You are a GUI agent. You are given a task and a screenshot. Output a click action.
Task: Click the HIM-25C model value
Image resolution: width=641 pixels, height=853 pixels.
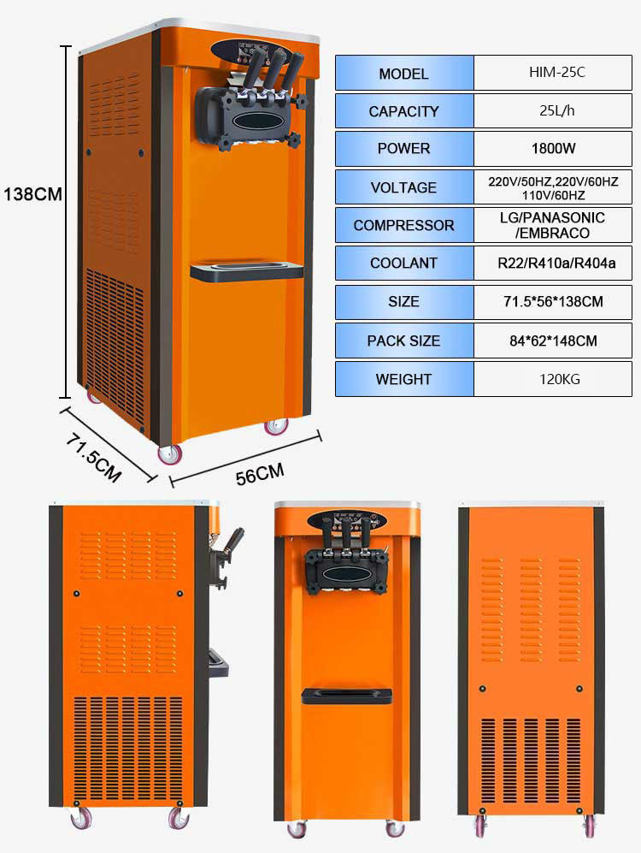click(552, 73)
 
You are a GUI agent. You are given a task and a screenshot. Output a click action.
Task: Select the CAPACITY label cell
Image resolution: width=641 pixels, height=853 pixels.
click(403, 111)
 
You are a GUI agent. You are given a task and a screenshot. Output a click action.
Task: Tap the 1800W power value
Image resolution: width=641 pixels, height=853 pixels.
click(552, 148)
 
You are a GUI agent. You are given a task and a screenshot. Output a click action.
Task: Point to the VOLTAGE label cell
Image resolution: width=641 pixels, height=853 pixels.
click(403, 187)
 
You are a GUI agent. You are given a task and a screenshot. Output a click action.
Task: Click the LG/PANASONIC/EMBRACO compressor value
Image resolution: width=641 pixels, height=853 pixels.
click(552, 225)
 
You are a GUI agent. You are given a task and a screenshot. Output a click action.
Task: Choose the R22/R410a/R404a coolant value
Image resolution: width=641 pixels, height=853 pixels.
click(552, 264)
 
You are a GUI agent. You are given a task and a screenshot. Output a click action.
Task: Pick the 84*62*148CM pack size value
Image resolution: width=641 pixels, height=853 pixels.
click(552, 341)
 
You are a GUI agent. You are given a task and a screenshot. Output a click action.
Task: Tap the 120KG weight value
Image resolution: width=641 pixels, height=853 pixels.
click(552, 379)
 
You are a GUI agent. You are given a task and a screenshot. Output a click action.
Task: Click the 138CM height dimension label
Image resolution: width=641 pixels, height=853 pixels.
click(32, 194)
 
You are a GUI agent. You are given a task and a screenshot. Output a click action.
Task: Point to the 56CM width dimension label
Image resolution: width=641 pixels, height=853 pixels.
click(260, 474)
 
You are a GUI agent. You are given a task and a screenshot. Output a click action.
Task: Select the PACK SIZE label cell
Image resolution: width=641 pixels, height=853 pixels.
click(403, 341)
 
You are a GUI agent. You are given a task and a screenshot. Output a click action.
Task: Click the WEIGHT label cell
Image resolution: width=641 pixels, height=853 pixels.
click(403, 379)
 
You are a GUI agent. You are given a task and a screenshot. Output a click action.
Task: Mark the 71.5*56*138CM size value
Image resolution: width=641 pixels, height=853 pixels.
click(552, 302)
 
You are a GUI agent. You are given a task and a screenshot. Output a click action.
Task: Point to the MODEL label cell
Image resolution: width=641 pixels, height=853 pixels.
click(403, 74)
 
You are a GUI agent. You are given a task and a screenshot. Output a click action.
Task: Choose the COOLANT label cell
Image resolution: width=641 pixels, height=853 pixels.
click(403, 264)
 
